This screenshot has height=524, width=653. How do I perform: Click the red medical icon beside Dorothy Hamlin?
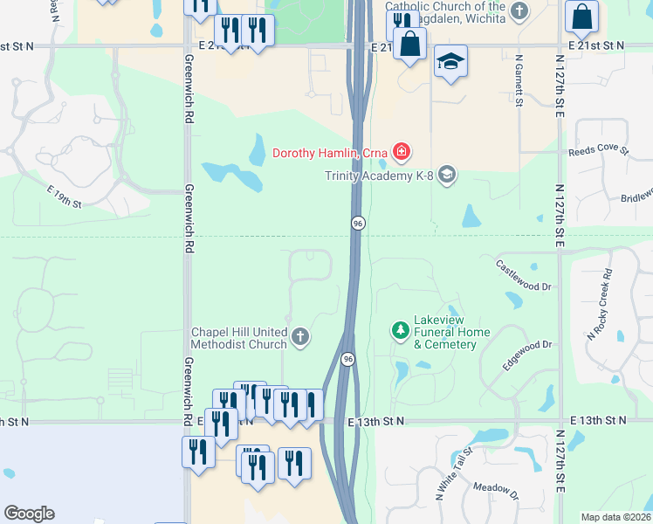401,153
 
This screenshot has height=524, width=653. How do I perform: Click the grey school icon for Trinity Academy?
447,176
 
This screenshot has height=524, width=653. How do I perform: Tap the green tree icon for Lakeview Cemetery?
400,331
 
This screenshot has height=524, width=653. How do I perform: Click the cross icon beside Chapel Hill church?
300,337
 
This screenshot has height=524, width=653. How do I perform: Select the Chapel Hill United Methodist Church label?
239,338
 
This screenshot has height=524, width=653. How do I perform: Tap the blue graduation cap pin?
451,62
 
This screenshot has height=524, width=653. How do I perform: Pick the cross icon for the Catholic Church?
520,11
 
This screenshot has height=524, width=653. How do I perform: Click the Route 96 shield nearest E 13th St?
347,360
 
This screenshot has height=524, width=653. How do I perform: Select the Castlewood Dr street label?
524,274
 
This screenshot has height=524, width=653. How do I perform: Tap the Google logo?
30,513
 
